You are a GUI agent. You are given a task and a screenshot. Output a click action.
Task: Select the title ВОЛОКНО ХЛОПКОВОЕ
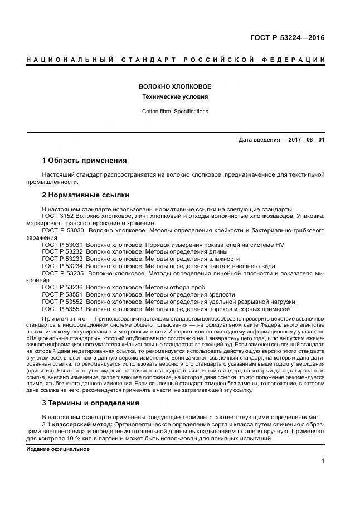[x=174, y=87]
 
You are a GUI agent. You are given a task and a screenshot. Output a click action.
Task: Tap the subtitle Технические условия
[x=174, y=97]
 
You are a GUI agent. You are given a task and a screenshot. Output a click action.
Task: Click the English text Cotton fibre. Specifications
[x=174, y=112]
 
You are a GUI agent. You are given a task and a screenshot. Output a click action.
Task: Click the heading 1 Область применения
[x=84, y=161]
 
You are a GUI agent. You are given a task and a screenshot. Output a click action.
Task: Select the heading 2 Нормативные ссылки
[x=86, y=195]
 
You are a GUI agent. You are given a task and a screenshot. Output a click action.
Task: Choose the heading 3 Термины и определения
[x=91, y=403]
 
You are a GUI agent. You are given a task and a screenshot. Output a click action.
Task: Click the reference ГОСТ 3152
[x=59, y=216]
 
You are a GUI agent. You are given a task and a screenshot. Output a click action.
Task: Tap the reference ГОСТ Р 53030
[x=63, y=230]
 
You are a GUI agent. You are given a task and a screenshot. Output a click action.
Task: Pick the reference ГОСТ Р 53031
[x=63, y=244]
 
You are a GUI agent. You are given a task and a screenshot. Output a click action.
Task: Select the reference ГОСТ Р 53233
[x=63, y=259]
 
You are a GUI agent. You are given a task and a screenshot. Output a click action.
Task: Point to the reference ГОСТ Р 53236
[x=63, y=287]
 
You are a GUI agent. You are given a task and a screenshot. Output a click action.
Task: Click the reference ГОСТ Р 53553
[x=63, y=309]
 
